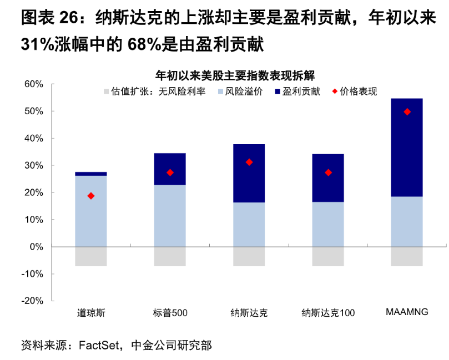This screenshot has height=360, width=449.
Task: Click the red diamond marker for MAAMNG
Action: point(407,111)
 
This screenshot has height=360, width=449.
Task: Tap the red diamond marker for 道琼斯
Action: point(91,196)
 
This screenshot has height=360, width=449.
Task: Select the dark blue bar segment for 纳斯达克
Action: point(249,173)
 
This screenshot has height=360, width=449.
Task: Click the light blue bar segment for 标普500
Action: point(170,215)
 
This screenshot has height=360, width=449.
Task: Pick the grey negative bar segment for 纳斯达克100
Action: point(328,256)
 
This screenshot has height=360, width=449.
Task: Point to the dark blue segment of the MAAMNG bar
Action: point(407,148)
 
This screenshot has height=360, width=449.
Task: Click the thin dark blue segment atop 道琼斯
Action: point(91,174)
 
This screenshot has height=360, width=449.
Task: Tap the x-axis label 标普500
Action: point(170,313)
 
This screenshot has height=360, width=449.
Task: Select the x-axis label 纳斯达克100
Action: point(328,313)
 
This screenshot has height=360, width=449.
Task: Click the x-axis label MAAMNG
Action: point(407,312)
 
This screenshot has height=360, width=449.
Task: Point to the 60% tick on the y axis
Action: point(33,84)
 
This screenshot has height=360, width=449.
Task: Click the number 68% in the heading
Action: point(144,45)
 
